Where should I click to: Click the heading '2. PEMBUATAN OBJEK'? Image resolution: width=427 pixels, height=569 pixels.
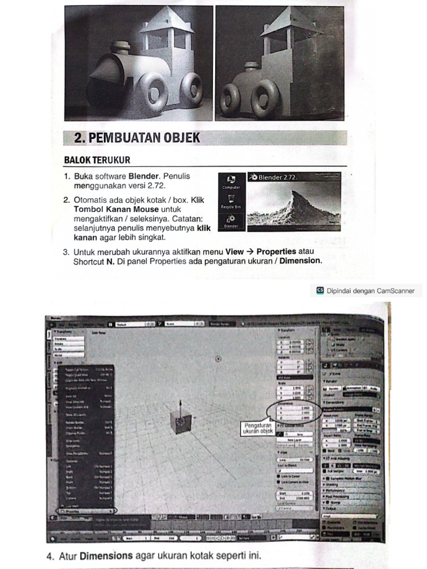[137, 138]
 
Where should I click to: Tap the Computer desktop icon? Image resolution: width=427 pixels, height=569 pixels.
[231, 181]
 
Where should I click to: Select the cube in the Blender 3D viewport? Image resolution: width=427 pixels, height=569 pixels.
[181, 423]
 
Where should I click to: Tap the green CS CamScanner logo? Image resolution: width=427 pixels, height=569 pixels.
[320, 291]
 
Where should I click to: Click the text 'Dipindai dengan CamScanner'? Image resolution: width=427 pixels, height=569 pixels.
[370, 291]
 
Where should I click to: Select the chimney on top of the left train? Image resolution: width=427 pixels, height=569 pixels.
[121, 48]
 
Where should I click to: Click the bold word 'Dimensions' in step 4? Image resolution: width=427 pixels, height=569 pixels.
[106, 555]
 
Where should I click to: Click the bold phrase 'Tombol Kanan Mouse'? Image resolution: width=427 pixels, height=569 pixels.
[116, 209]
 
